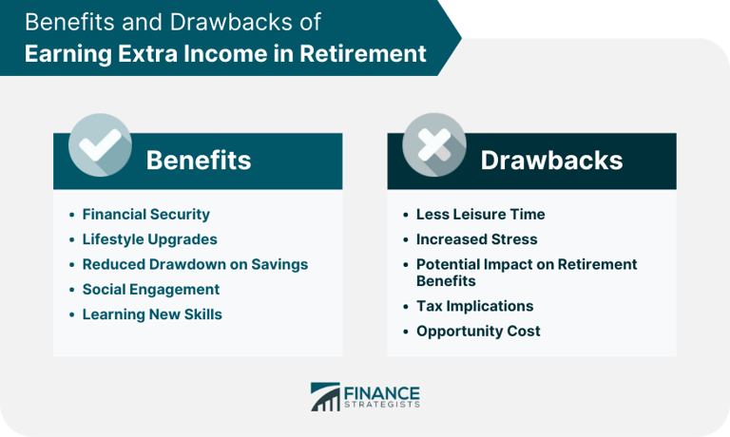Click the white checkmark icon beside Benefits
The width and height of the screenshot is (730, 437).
pyautogui.click(x=99, y=144)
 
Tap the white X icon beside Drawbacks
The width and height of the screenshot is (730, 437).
pyautogui.click(x=434, y=144)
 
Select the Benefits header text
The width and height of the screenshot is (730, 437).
pyautogui.click(x=199, y=160)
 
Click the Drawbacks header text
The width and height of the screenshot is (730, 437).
pyautogui.click(x=551, y=160)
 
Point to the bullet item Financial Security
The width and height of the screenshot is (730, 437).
pyautogui.click(x=145, y=215)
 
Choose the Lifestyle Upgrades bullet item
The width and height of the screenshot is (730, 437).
pyautogui.click(x=149, y=239)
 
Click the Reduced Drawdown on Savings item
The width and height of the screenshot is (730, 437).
pyautogui.click(x=195, y=264)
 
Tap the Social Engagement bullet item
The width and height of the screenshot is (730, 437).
pyautogui.click(x=150, y=289)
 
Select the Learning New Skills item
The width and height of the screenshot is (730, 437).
pyautogui.click(x=152, y=313)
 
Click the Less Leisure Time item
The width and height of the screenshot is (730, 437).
pyautogui.click(x=480, y=215)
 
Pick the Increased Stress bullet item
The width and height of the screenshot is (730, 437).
pyautogui.click(x=476, y=239)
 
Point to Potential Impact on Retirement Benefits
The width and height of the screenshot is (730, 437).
pyautogui.click(x=526, y=273)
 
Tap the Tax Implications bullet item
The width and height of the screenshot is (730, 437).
pyautogui.click(x=474, y=306)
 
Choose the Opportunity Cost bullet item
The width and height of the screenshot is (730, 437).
pyautogui.click(x=478, y=331)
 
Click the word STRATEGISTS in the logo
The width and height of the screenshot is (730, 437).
pyautogui.click(x=381, y=406)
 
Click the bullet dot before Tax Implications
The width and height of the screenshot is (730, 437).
pyautogui.click(x=406, y=307)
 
